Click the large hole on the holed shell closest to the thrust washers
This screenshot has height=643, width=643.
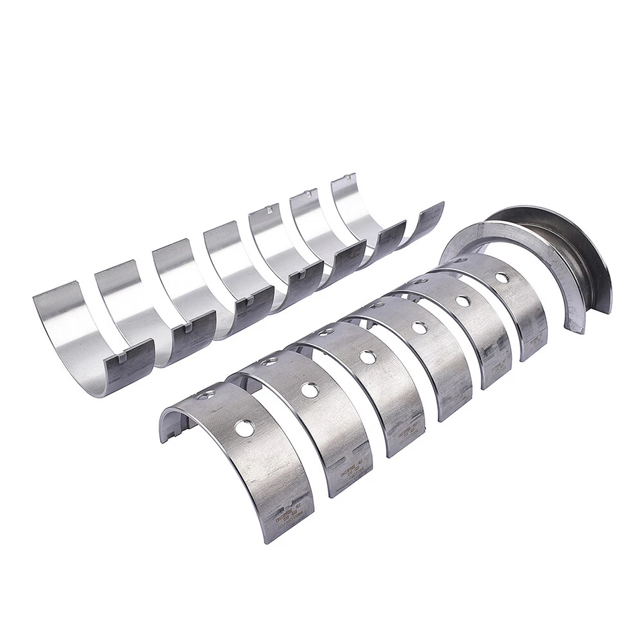click(502, 276)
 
